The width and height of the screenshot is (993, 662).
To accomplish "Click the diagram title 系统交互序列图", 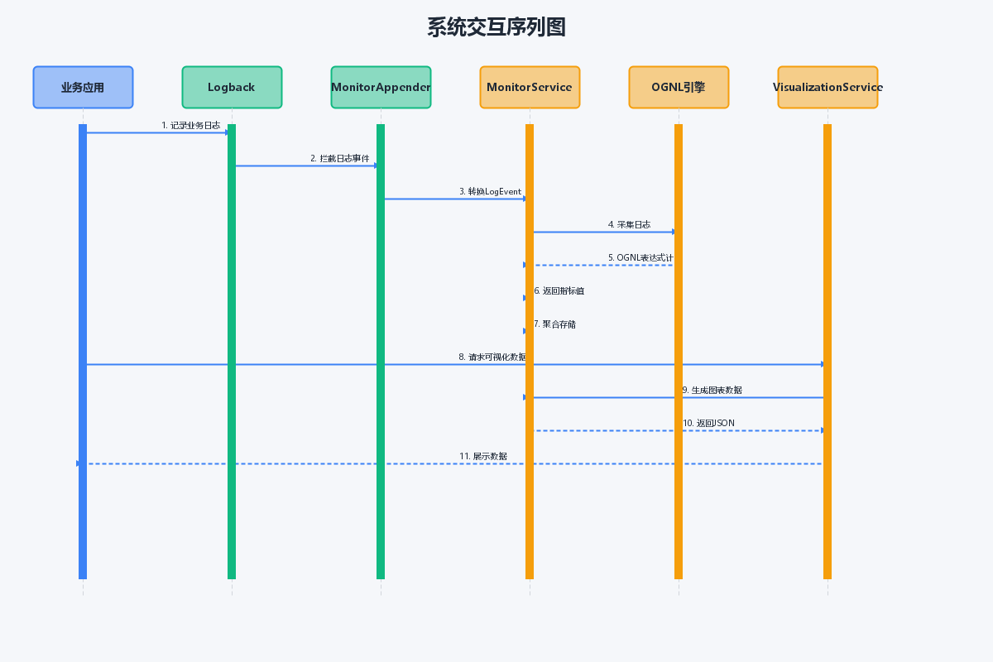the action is (x=496, y=27).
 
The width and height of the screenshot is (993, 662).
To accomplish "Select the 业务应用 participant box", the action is (x=83, y=88).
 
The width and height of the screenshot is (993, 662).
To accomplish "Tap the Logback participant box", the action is (x=232, y=88).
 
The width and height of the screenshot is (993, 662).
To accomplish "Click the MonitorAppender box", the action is (x=381, y=88).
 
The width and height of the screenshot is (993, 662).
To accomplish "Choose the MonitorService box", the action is (x=530, y=88).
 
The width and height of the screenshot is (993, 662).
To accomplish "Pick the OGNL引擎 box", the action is (x=679, y=88).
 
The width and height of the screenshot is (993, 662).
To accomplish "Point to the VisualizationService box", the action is (x=827, y=88).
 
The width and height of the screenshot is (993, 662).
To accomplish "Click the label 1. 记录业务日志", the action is (x=190, y=126).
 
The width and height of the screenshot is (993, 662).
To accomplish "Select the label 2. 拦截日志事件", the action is (x=339, y=158).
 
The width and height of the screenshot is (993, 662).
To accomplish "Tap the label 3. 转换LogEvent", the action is (x=490, y=191).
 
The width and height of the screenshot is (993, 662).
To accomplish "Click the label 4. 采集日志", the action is (x=629, y=225).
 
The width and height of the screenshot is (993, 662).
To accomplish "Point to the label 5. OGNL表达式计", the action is (x=640, y=257).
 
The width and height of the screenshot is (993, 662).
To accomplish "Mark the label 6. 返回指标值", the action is (x=559, y=291).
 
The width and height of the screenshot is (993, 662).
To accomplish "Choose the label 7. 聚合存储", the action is (x=554, y=324).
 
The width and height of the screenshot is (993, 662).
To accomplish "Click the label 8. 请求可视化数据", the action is (x=492, y=357).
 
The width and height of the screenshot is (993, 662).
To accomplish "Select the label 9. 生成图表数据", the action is (x=712, y=391).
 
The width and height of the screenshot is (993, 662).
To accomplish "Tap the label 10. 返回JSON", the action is (x=708, y=423).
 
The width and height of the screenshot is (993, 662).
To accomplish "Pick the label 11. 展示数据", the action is (x=483, y=456).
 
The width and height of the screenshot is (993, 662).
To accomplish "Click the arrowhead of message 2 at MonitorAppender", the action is (x=376, y=165).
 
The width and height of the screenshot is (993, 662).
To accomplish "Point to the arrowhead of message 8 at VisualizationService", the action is (x=823, y=364).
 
